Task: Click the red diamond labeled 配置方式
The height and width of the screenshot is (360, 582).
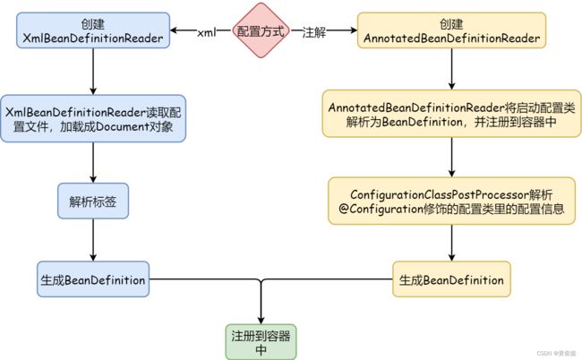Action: click(261, 30)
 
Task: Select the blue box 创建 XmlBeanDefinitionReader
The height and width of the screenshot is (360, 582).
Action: click(93, 30)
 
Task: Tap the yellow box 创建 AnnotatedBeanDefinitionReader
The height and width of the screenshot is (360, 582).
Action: click(451, 30)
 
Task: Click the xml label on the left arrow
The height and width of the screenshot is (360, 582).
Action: click(206, 32)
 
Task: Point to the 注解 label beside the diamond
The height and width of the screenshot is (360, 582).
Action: click(314, 32)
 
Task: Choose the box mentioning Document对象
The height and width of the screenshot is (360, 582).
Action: click(93, 119)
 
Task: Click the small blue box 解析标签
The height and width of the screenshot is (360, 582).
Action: click(93, 201)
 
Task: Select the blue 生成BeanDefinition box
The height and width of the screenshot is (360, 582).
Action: click(93, 279)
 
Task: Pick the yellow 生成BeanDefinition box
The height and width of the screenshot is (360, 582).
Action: click(451, 279)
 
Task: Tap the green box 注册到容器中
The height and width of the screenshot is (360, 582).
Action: click(261, 342)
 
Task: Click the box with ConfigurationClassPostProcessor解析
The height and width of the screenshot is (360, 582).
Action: click(451, 201)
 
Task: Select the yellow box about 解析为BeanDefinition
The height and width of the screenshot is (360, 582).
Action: click(451, 114)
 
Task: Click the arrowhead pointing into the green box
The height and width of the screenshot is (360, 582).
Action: click(261, 321)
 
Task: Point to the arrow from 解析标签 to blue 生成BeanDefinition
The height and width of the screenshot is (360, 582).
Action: click(93, 240)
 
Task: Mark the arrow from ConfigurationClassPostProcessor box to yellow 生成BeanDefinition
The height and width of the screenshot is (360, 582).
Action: click(451, 243)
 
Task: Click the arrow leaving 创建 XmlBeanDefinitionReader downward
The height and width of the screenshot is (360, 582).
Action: click(93, 72)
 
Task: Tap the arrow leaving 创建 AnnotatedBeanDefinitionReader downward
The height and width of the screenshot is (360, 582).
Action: click(451, 69)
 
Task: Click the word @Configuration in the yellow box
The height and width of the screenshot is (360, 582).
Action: click(381, 209)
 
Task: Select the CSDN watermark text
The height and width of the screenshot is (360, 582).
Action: click(556, 353)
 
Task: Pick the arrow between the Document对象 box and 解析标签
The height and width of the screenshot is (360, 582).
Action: click(93, 163)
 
